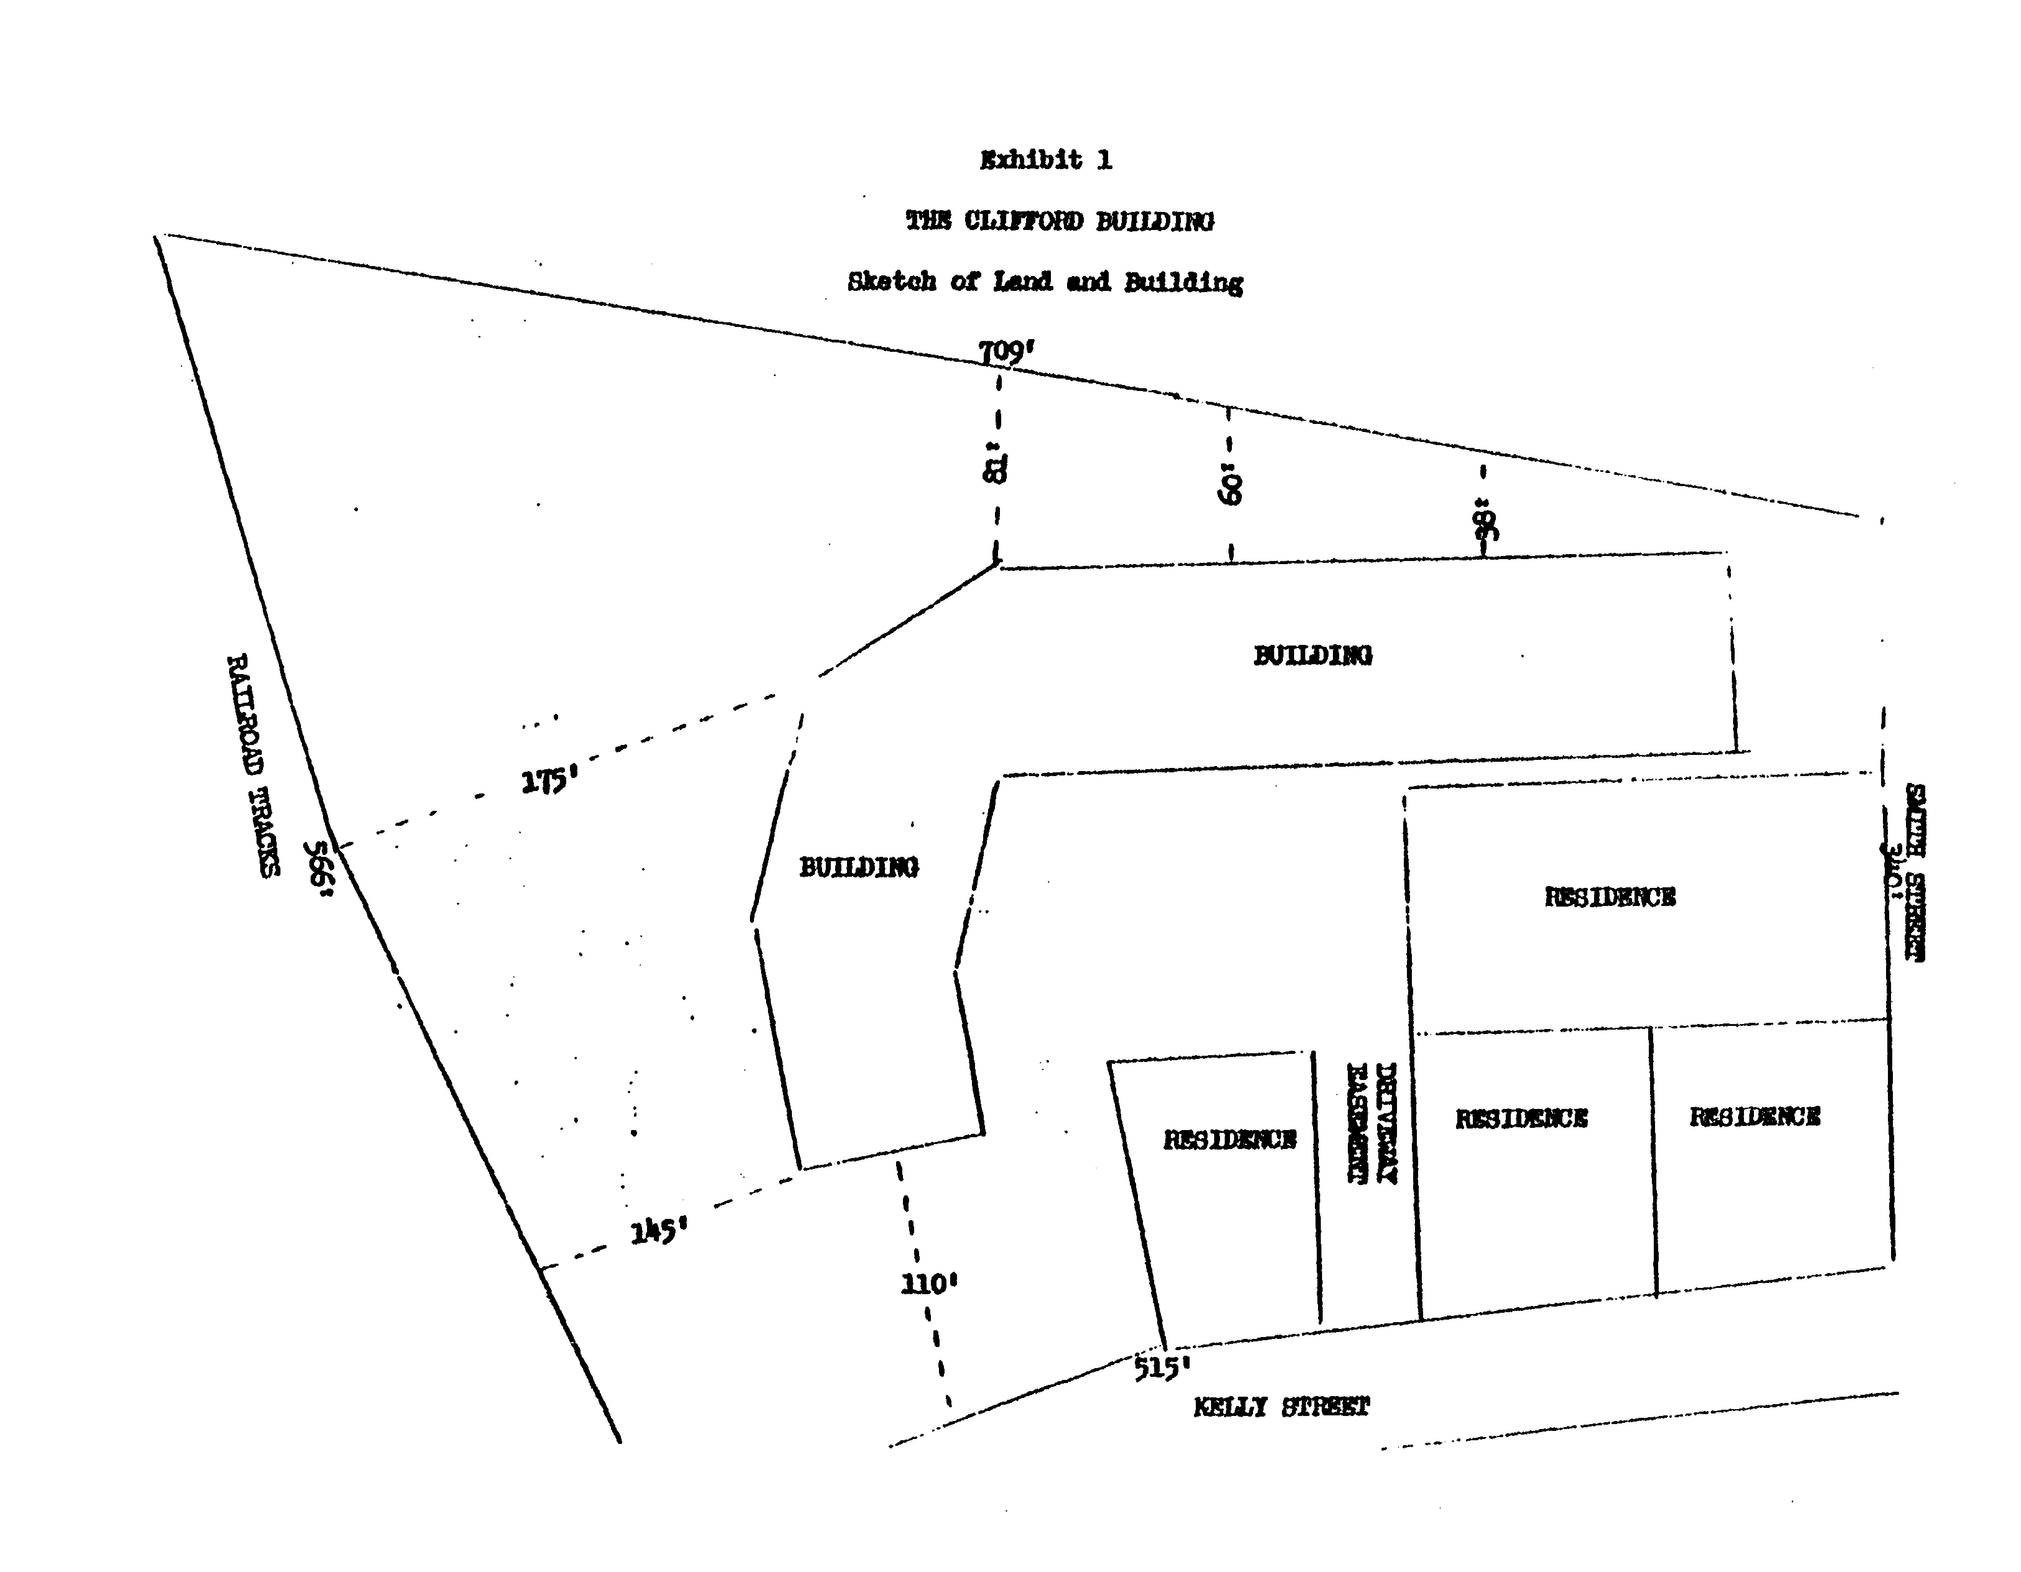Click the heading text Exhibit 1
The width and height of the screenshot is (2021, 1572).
[1046, 160]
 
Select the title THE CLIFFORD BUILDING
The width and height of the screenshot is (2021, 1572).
[1060, 221]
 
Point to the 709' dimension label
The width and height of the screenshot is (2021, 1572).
[1006, 352]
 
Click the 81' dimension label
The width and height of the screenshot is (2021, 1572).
[995, 467]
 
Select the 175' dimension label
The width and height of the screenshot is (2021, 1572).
[549, 782]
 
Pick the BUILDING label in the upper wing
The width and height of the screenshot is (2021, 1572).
[1312, 655]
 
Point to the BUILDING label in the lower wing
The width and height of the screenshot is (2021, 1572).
[859, 867]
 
